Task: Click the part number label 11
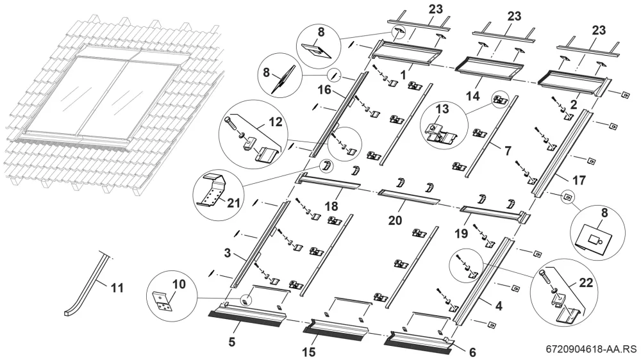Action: point(117,288)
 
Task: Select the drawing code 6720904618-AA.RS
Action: point(591,349)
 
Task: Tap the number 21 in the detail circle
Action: point(233,202)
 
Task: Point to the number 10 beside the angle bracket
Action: point(179,284)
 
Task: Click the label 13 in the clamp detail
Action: point(442,109)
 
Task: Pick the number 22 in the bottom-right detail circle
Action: point(586,282)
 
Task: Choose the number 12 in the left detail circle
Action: point(276,122)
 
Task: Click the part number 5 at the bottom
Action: point(232,341)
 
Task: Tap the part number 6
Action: point(472,352)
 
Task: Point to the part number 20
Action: point(395,220)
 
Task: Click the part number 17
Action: point(579,180)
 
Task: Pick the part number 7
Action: point(507,151)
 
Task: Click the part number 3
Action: point(228,253)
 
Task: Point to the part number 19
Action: point(461,233)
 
